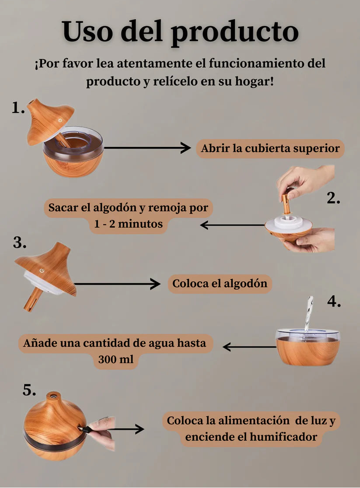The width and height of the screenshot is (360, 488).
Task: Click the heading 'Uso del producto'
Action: coord(180,31)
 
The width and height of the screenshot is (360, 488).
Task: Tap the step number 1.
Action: coord(18,108)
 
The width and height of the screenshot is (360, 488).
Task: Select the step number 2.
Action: coord(333,199)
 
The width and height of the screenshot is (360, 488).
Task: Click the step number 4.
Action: coord(334,302)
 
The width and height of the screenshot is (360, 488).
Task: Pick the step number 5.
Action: coord(29,390)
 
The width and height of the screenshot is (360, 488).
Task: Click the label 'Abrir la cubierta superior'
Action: coord(270,149)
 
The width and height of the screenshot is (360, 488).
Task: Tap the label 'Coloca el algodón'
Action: coord(220,283)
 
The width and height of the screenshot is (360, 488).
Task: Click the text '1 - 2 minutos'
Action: coord(128,224)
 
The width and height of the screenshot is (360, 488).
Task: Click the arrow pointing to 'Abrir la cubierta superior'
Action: coord(147,148)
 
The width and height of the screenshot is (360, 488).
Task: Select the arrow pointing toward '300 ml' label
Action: coord(249,347)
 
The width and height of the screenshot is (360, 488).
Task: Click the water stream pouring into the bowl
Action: coord(308,313)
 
